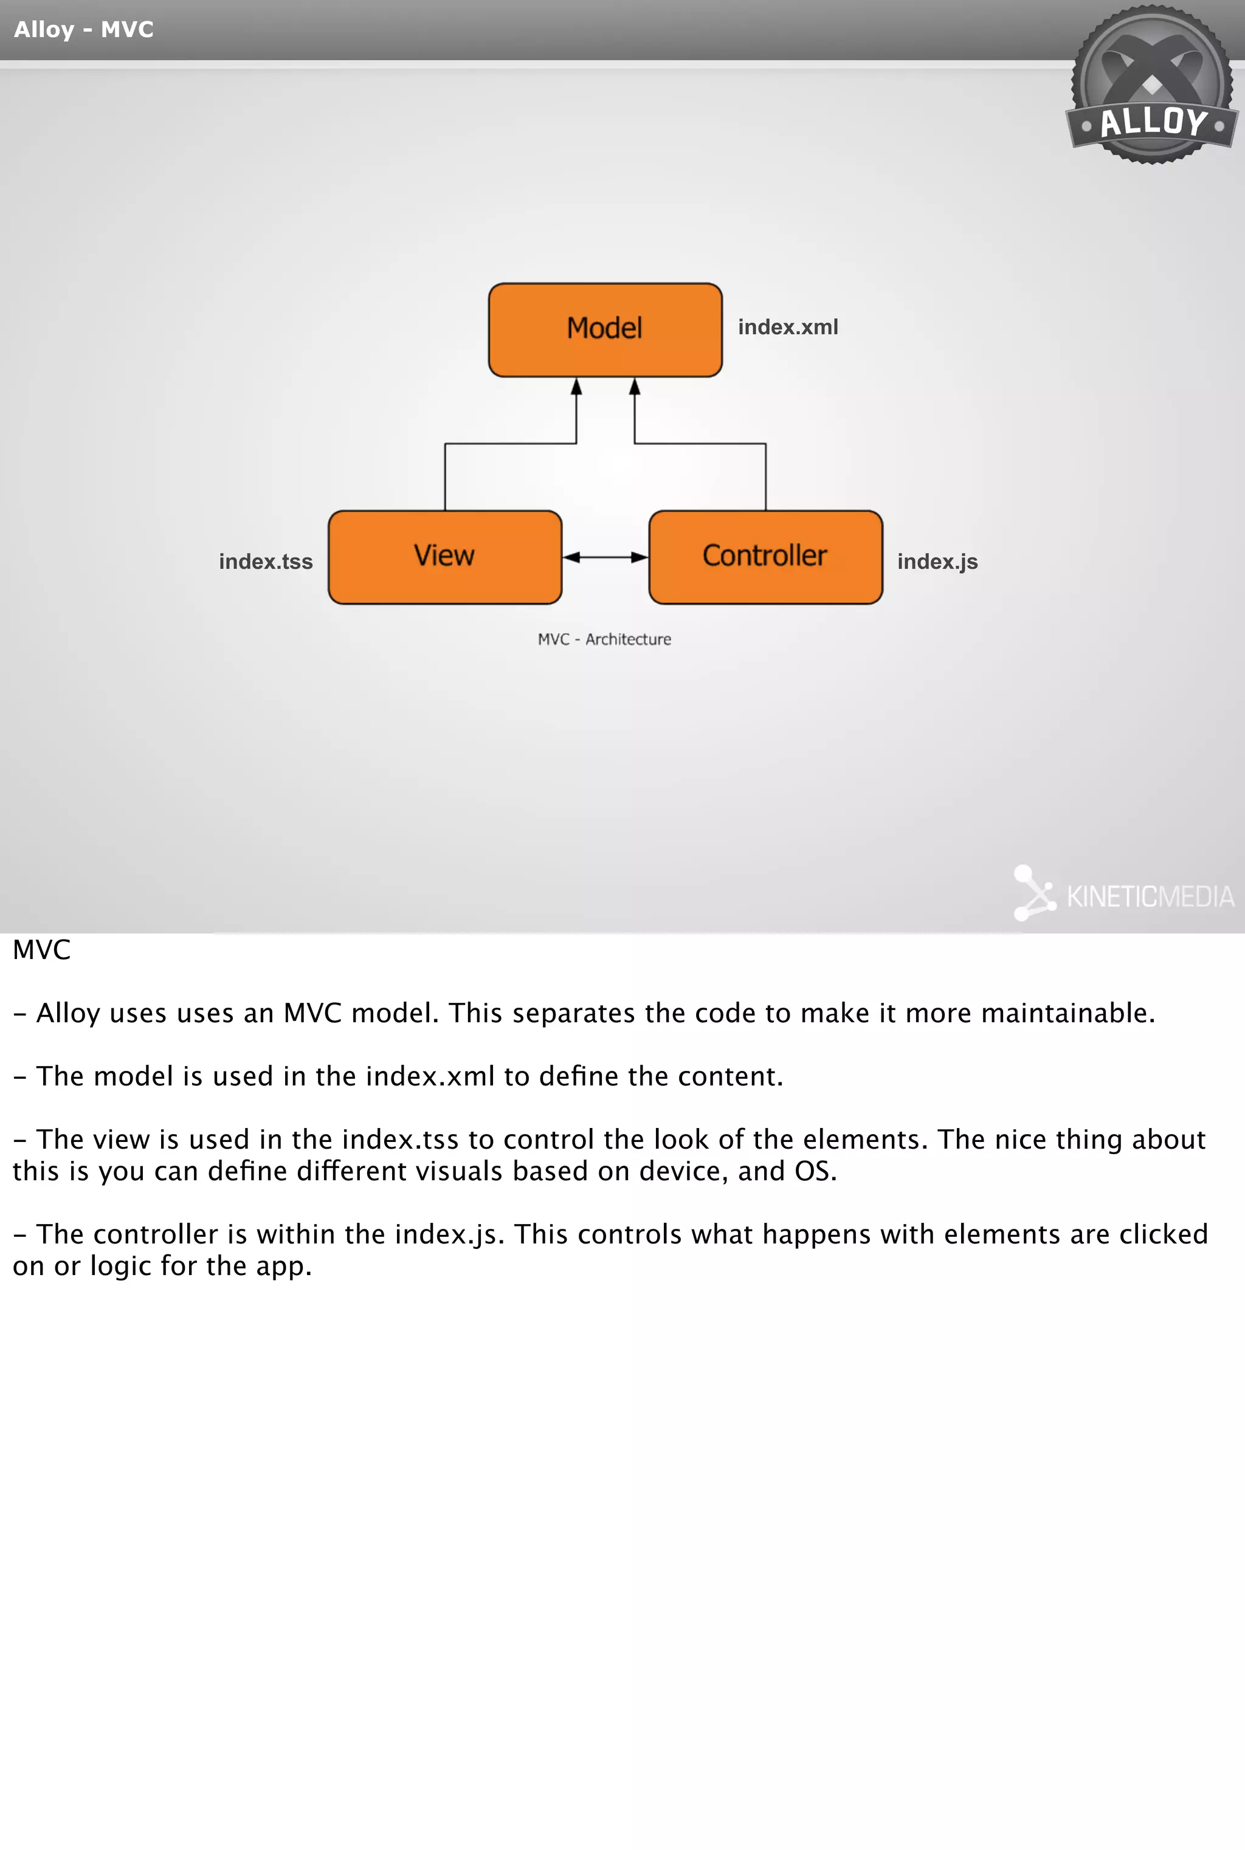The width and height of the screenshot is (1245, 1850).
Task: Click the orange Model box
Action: click(605, 329)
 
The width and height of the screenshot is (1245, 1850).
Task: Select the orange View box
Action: click(444, 556)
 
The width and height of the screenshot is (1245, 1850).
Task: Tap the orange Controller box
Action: click(765, 556)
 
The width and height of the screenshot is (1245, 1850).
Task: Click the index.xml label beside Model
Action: click(788, 327)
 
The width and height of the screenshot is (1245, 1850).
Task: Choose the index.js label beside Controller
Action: click(937, 562)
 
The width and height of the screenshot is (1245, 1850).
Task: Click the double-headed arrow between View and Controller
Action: click(605, 557)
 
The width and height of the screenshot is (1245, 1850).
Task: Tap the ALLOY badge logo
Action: click(1151, 86)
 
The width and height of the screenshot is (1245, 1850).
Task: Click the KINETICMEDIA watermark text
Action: click(1150, 897)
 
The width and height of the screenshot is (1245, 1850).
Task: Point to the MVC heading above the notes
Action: click(41, 950)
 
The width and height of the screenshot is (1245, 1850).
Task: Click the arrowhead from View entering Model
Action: click(576, 387)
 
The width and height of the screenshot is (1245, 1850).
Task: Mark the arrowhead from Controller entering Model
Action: click(635, 387)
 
